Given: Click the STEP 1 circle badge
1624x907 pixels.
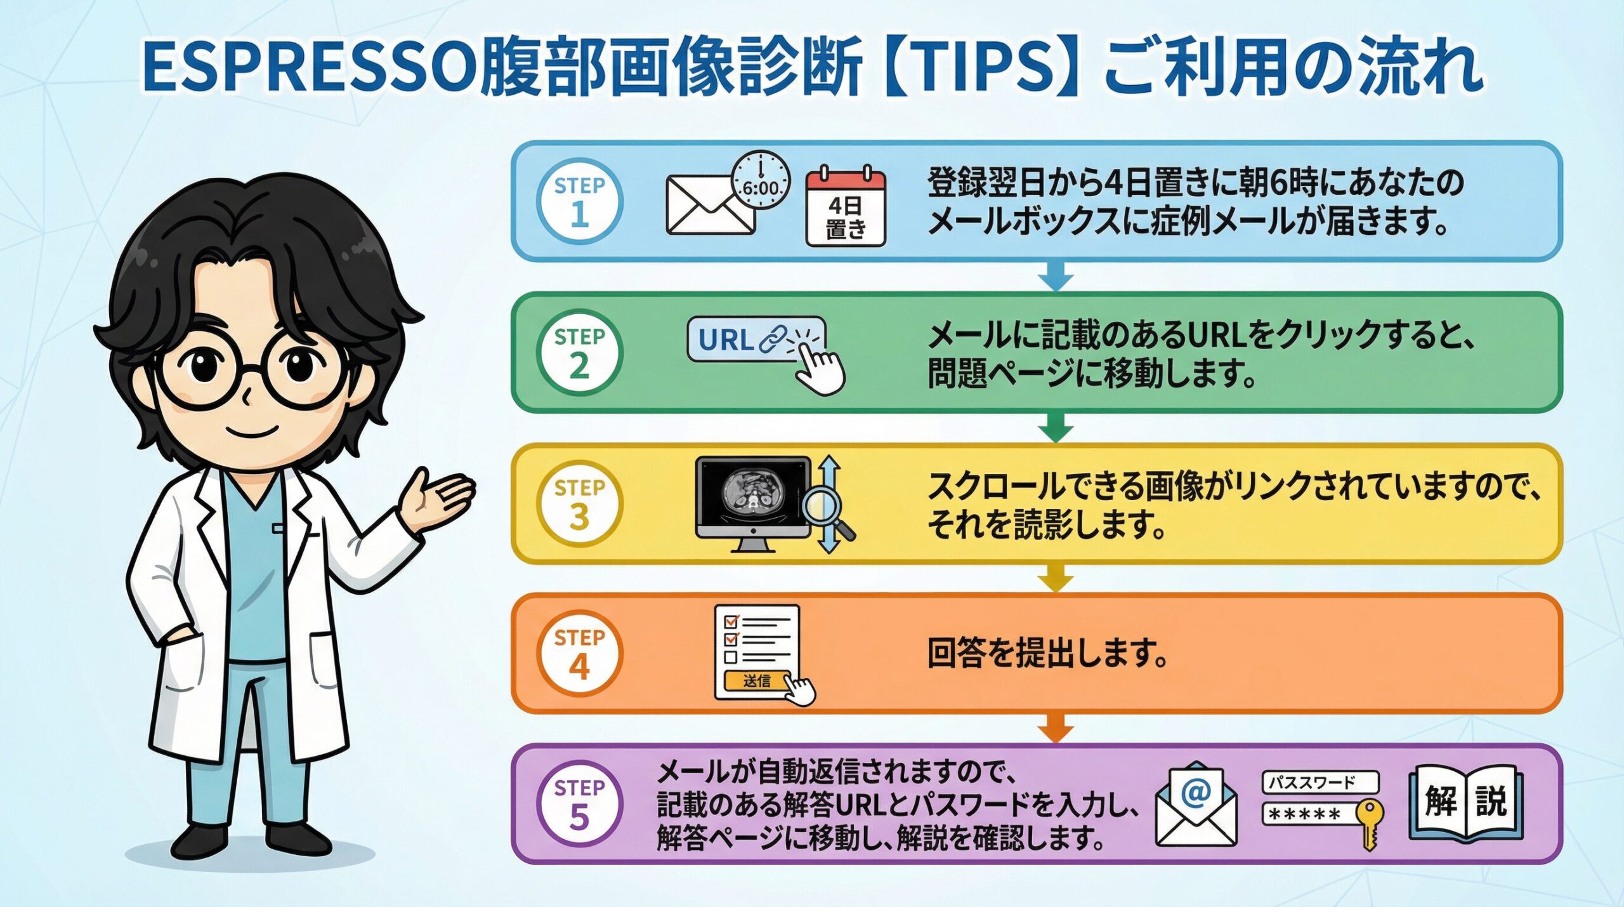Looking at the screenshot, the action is click(579, 201).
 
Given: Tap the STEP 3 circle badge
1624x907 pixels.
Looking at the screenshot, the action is click(579, 503).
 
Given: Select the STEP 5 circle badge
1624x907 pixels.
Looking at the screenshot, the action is click(579, 804).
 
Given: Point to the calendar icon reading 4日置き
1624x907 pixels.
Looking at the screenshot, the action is click(845, 206).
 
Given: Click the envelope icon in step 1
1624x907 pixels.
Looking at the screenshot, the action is click(710, 204).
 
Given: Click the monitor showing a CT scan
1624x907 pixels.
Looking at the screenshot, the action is click(753, 504).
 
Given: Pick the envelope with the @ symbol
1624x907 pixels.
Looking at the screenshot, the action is click(1196, 804).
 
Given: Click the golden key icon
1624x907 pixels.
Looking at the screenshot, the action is click(1370, 824).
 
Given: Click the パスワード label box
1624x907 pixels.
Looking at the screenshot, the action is click(1320, 783).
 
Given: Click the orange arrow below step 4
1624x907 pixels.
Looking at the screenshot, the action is click(1056, 727).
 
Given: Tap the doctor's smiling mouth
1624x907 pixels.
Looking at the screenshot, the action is click(252, 434).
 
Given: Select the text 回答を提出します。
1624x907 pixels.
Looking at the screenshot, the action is click(1047, 654).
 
